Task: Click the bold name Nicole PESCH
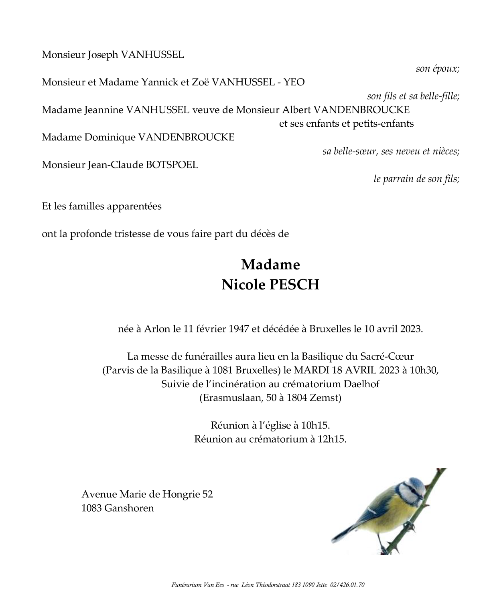click(270, 285)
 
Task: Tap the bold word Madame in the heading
click(270, 265)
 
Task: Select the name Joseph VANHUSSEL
click(136, 55)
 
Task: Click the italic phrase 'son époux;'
click(437, 69)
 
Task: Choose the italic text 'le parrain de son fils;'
click(416, 179)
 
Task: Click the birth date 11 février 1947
click(215, 329)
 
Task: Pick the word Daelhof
click(361, 384)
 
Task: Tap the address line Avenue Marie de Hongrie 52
click(147, 494)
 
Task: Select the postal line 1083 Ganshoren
click(118, 508)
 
